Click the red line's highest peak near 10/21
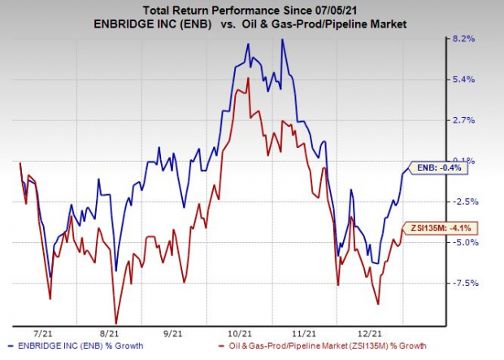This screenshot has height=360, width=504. click(x=246, y=78)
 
